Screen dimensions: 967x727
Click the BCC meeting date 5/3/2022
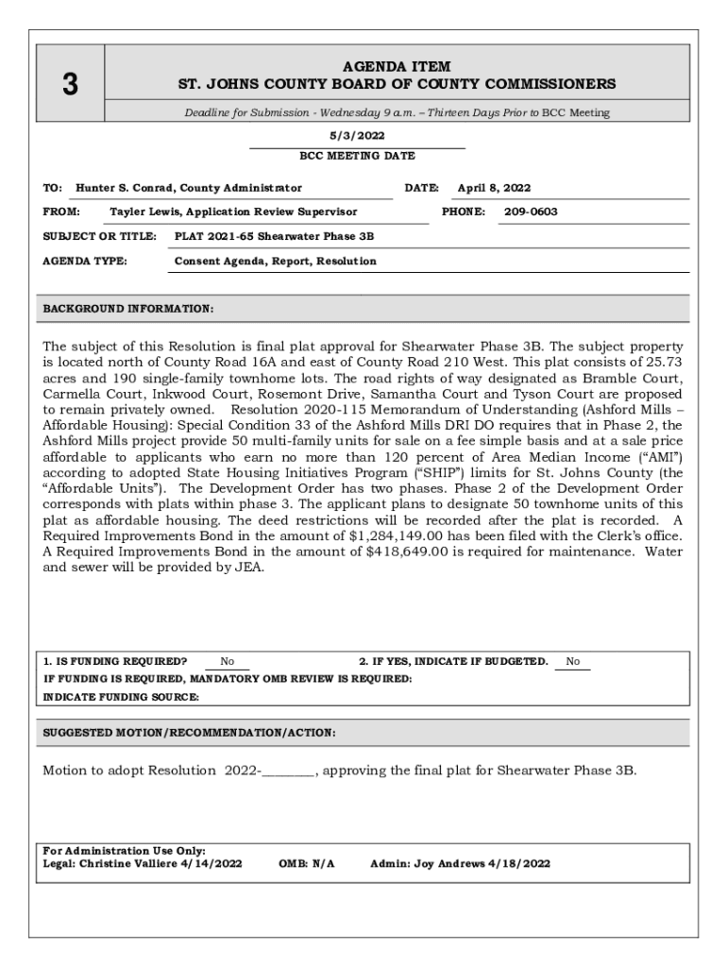point(357,136)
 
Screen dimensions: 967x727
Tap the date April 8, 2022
point(494,188)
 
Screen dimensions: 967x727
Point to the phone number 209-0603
point(531,212)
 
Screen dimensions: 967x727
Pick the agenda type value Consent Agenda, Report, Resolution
point(276,261)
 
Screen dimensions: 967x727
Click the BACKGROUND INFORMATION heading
point(128,309)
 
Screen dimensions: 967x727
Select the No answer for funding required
point(228,662)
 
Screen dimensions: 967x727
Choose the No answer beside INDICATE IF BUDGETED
point(573,662)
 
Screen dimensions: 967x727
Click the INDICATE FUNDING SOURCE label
point(122,697)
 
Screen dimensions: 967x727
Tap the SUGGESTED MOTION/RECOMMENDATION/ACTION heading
point(189,733)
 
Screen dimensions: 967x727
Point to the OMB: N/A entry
point(307,863)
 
